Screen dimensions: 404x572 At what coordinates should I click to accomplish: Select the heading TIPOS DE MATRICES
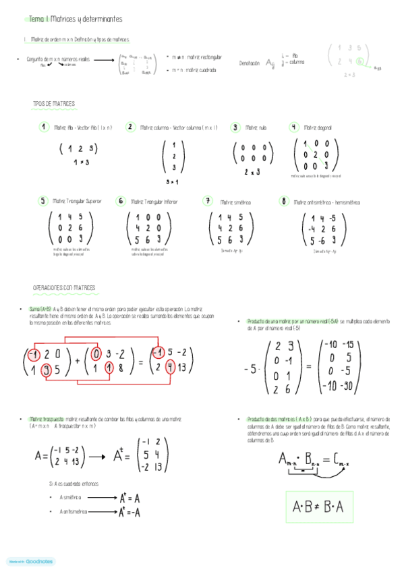[x=54, y=104]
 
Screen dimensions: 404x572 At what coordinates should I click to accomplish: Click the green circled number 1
[x=44, y=127]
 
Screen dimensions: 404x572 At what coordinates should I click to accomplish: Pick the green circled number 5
[x=42, y=200]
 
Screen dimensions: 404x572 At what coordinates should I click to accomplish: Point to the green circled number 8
[x=285, y=201]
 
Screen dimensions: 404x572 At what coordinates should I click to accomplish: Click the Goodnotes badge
[x=30, y=561]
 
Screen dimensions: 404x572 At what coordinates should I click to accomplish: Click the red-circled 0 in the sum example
[x=97, y=353]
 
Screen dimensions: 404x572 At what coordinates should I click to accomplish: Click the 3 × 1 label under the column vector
[x=173, y=182]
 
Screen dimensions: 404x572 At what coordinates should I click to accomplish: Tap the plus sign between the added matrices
[x=78, y=361]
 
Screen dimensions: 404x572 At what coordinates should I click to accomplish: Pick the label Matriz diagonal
[x=318, y=127]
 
